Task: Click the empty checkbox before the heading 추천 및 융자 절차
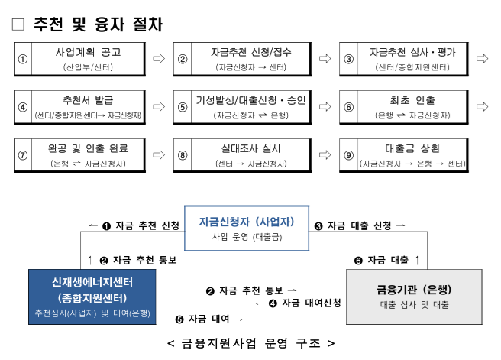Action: pos(18,24)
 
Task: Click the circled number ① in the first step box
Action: pos(23,59)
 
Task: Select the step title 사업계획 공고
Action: pos(88,52)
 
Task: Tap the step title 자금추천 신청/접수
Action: pos(250,52)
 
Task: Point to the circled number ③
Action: pos(348,59)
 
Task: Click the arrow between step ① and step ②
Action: pos(159,59)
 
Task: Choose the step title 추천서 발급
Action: pos(88,100)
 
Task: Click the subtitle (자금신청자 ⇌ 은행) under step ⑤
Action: pos(250,115)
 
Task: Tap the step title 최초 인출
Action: pos(412,100)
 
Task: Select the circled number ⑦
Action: pos(23,155)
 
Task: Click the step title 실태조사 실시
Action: pos(250,149)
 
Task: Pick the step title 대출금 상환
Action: pos(412,149)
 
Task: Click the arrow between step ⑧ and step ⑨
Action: pos(325,155)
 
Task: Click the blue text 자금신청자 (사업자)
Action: pos(247,222)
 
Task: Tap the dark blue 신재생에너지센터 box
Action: pos(92,297)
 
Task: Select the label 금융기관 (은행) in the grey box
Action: pos(414,290)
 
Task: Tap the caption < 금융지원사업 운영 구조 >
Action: pos(250,343)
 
